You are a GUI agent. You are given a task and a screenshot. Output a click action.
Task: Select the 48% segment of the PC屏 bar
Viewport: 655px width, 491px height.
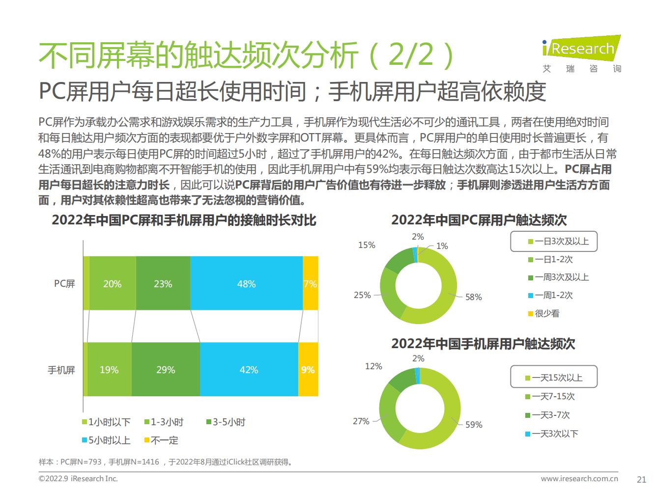coord(246,284)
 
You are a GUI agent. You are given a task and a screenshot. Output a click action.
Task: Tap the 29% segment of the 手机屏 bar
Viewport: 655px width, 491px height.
coord(166,370)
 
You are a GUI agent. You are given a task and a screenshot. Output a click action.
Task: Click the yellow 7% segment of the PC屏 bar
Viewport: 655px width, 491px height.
coord(310,284)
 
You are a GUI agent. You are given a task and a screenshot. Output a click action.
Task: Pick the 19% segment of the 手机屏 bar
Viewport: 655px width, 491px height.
coord(109,370)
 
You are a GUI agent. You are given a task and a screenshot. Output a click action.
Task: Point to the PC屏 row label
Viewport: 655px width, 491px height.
coord(64,284)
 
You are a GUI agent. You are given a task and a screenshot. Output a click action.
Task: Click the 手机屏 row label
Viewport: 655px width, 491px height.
coord(61,370)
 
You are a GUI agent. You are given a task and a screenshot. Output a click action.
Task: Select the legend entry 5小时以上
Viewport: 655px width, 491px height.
coord(106,440)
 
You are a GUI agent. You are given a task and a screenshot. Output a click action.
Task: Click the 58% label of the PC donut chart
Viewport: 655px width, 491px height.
coord(474,297)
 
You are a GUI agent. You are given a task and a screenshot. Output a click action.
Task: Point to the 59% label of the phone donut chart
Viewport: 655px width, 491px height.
coord(474,425)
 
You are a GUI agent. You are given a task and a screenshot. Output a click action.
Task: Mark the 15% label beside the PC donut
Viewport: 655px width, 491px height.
coord(367,245)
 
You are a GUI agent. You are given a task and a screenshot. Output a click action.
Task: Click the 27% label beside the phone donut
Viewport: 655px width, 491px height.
coord(361,421)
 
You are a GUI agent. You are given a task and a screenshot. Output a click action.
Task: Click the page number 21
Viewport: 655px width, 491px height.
coord(641,479)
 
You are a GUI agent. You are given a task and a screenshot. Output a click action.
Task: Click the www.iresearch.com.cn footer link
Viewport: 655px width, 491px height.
coord(579,478)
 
